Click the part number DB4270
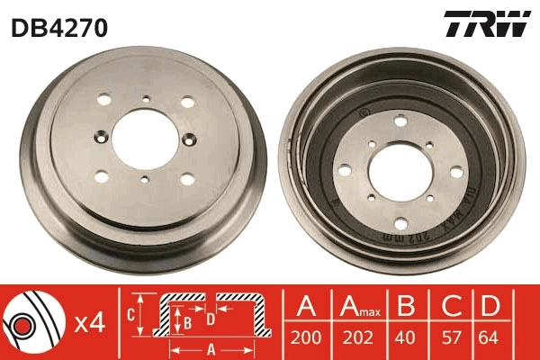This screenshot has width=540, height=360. coord(59,28)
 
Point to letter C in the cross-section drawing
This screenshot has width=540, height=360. coord(130,314)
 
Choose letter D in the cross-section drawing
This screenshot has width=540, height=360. coord(210,317)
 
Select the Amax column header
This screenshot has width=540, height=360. coord(360,307)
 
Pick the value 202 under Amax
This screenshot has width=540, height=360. coord(358,341)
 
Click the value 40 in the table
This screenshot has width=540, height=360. coord(407,341)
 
